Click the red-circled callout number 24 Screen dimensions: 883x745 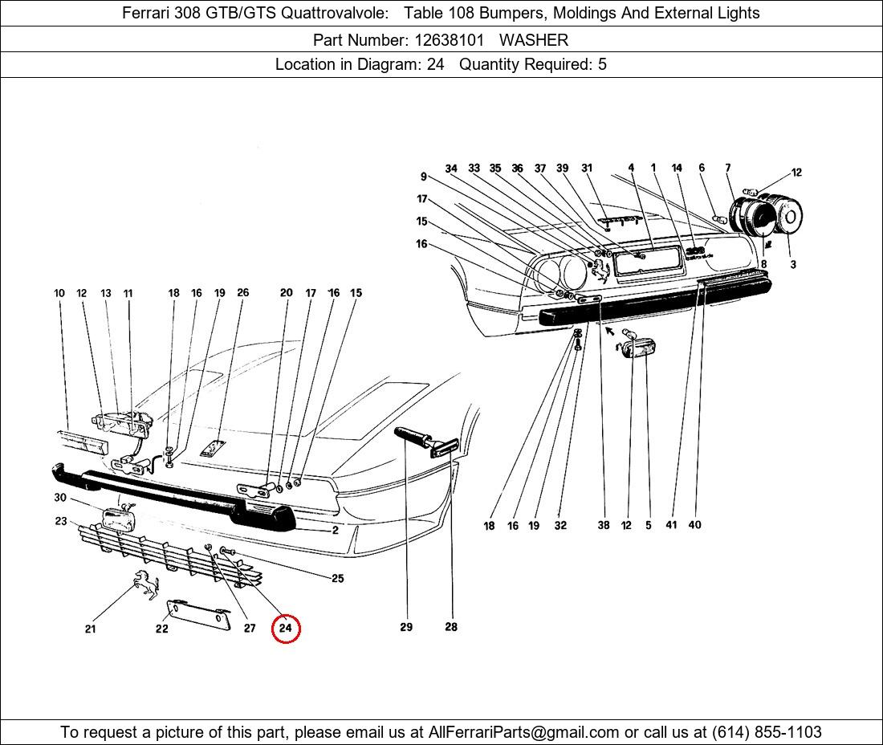286,628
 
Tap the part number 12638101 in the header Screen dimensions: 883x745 449,40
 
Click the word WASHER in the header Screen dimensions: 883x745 534,40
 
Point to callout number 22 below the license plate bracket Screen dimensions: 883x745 161,629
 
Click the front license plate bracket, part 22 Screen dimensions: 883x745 199,614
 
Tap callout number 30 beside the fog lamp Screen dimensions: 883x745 60,497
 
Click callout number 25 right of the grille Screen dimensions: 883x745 337,578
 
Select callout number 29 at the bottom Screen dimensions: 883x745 406,627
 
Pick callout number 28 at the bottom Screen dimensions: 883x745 451,627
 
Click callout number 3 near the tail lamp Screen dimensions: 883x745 793,264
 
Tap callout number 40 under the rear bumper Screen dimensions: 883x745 695,525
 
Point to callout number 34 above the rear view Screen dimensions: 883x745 451,169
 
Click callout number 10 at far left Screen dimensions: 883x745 59,293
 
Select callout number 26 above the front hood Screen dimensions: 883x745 242,292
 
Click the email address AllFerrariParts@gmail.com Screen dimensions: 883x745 523,732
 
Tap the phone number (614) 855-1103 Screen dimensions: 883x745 767,732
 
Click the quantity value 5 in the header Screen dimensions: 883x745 602,64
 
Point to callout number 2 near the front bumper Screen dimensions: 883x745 335,530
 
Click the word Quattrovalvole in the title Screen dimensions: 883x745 335,12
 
